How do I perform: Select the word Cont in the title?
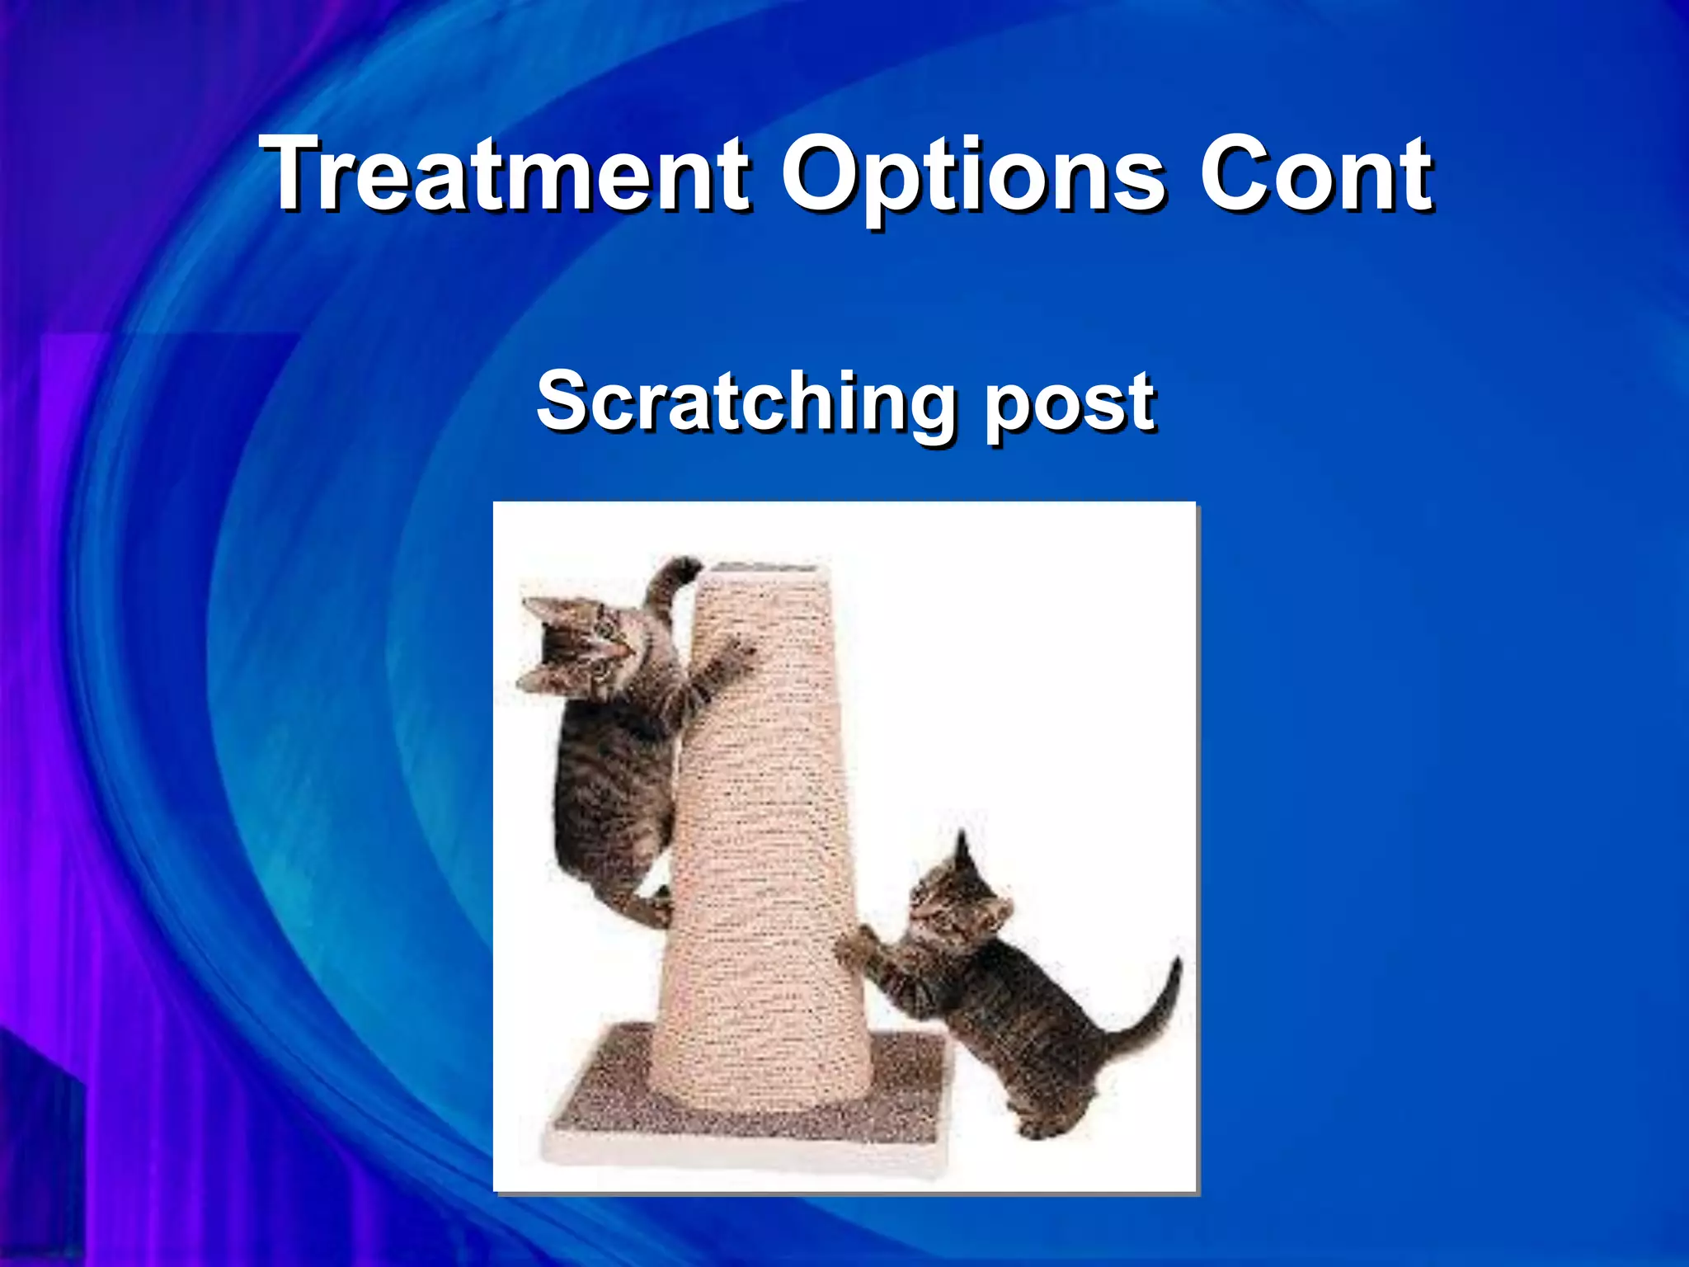tap(1315, 175)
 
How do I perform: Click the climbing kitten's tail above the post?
tap(672, 577)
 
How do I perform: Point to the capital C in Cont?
tap(1233, 175)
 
